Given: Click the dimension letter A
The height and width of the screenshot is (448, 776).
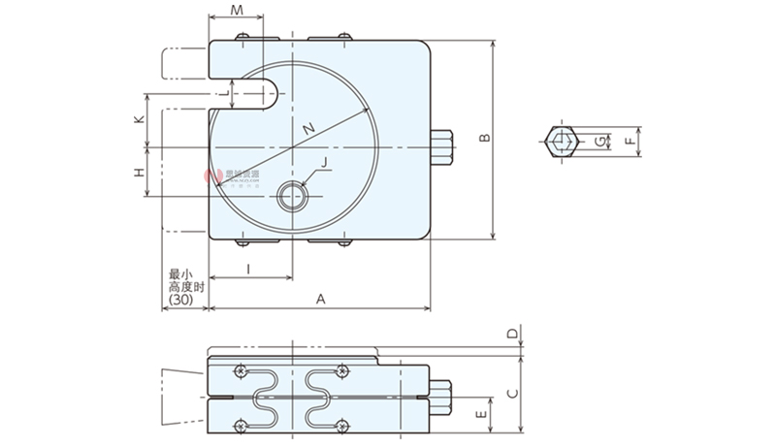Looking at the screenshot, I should point(319,300).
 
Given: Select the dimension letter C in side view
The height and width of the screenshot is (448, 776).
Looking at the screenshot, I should point(510,392).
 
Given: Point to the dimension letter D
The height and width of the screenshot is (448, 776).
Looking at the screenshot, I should point(510,334).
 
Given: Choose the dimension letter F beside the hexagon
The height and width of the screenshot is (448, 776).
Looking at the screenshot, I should point(629,142).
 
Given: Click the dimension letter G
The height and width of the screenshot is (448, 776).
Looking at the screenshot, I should point(600,143).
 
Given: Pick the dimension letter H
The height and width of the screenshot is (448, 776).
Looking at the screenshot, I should point(140,173).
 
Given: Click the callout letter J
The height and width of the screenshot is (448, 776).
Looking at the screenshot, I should point(324,164).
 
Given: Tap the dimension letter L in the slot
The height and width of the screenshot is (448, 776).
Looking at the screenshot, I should point(222,93).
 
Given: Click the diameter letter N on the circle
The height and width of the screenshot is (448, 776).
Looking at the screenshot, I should point(308,129).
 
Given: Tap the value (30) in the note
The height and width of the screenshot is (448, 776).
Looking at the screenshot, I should point(180,301).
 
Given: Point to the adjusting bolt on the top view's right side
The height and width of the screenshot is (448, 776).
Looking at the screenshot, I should point(442,147).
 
